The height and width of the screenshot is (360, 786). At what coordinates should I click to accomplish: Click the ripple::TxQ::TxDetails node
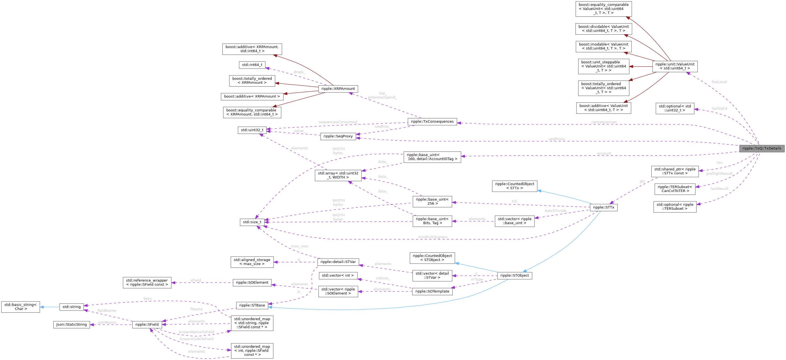pos(762,148)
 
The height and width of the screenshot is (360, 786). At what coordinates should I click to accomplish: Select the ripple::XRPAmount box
pos(338,88)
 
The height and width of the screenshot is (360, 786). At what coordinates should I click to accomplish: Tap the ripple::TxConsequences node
pos(432,121)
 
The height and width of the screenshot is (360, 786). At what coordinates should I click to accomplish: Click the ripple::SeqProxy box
pos(338,136)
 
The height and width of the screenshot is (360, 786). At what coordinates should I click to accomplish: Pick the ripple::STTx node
pos(603,207)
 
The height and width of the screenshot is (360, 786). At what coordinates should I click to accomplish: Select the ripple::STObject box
pos(514,275)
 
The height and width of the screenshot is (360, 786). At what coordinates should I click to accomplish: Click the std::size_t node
pos(252,222)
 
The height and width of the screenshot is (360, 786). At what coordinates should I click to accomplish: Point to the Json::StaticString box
pos(71,325)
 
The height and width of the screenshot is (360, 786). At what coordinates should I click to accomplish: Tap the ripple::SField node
pos(147,325)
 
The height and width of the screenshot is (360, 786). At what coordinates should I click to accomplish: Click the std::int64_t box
pos(252,65)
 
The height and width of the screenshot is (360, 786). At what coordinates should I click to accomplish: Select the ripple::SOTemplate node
pos(432,291)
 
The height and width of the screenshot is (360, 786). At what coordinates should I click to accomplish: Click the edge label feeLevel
pos(719,82)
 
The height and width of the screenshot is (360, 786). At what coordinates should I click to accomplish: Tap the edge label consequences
pos(604,122)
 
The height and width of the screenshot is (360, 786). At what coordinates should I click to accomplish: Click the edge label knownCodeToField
pos(196,339)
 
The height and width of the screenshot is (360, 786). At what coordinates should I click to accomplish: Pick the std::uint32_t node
pos(252,130)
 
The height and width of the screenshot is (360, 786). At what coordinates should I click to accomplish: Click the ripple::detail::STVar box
pos(338,262)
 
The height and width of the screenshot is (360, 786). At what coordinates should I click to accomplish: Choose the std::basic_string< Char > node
pos(20,307)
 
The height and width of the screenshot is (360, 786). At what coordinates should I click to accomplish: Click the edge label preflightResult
pos(719,174)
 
